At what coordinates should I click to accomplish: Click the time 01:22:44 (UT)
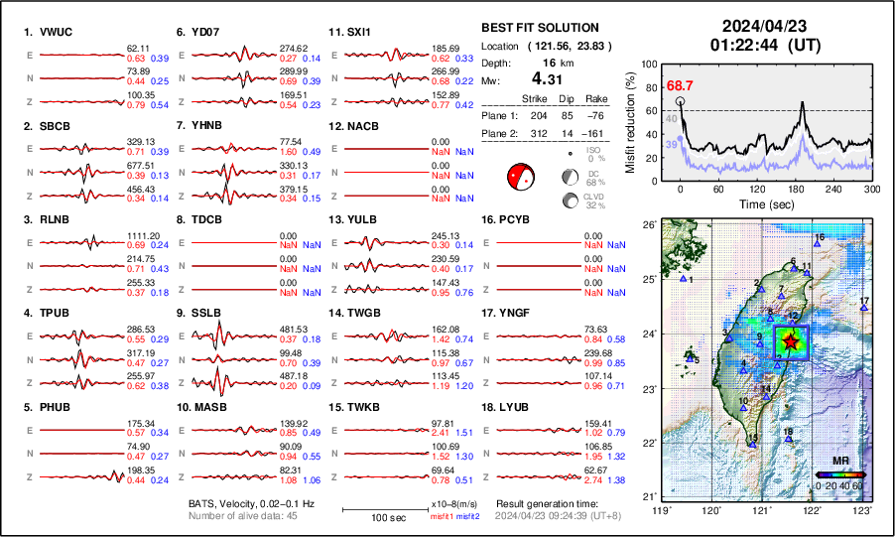click(757, 45)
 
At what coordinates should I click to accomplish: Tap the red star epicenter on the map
click(790, 341)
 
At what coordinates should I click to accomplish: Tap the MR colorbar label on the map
click(840, 461)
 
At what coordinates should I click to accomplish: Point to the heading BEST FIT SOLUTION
click(539, 28)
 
